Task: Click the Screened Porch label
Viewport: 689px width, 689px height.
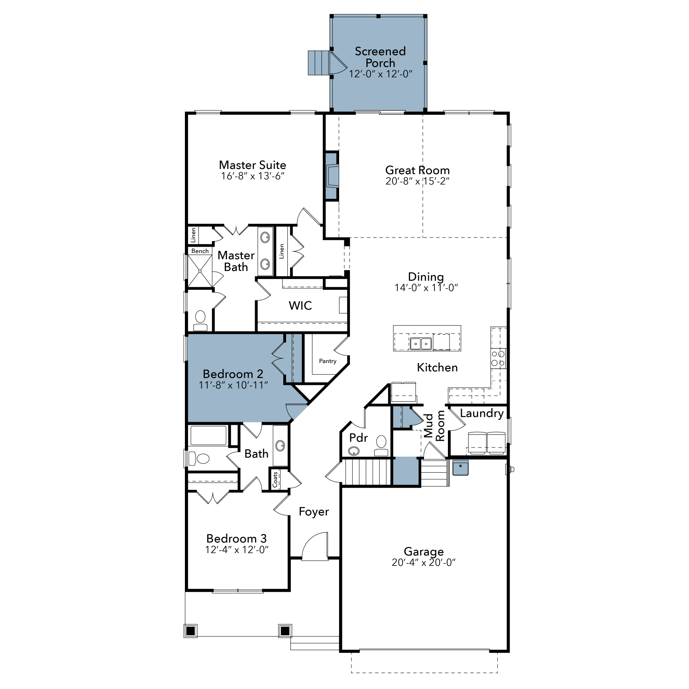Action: tap(380, 57)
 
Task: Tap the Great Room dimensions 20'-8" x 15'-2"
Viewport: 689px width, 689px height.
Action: tap(417, 181)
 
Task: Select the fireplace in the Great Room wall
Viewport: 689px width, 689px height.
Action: tap(332, 176)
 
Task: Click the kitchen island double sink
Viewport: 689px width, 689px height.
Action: tap(421, 343)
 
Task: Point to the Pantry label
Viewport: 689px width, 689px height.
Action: tap(328, 361)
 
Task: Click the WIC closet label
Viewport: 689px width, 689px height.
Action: tap(300, 306)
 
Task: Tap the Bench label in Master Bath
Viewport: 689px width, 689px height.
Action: tap(200, 251)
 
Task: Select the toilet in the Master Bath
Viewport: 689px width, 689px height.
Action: tap(200, 320)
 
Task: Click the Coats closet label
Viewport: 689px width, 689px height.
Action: tap(275, 479)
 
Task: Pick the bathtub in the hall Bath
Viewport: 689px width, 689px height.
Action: tap(208, 436)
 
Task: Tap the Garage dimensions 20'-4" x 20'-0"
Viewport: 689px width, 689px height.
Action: tap(424, 562)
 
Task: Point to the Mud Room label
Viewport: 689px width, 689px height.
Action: tap(434, 426)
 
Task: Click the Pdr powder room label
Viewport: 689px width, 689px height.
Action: tap(358, 438)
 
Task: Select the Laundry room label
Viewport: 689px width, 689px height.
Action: tap(481, 413)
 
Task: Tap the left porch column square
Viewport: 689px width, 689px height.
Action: tap(190, 631)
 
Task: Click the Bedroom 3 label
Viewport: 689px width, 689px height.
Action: tap(236, 538)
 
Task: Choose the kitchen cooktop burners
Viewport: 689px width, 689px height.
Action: tap(498, 358)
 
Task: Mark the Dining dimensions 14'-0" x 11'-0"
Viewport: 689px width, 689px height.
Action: tap(426, 288)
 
